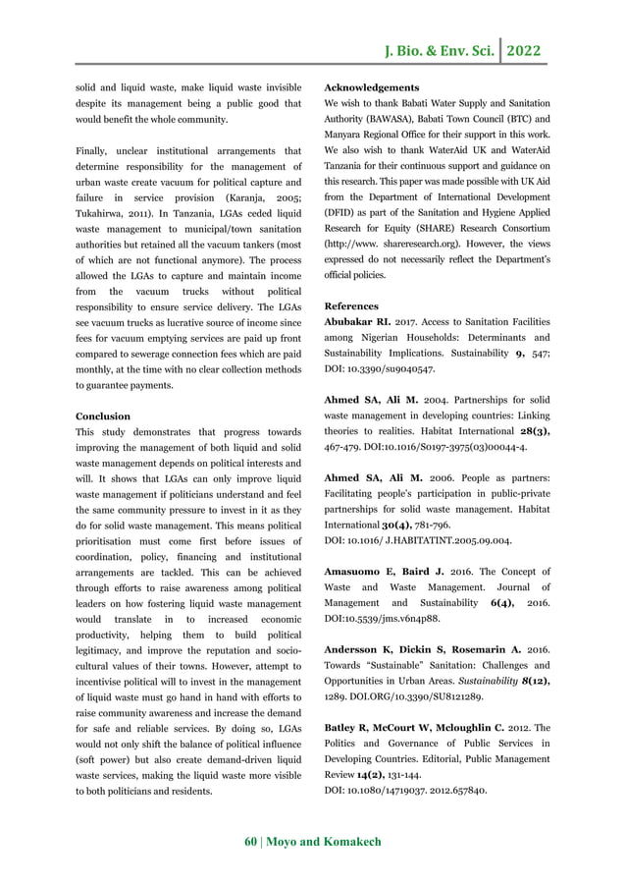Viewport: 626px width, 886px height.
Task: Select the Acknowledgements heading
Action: pyautogui.click(x=371, y=87)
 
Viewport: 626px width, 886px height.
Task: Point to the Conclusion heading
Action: pyautogui.click(x=103, y=415)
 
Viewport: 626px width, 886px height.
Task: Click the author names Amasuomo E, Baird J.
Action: pyautogui.click(x=388, y=572)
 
